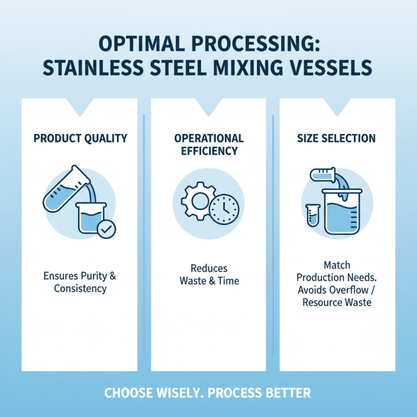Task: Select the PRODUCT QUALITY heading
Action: tap(80, 138)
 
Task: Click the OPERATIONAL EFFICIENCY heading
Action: tap(208, 144)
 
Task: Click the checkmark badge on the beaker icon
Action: tap(107, 228)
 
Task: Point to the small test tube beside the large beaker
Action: tap(312, 214)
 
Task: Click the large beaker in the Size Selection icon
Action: tap(341, 211)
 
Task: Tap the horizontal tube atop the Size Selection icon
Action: tap(322, 174)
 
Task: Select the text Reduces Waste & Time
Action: tap(208, 275)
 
